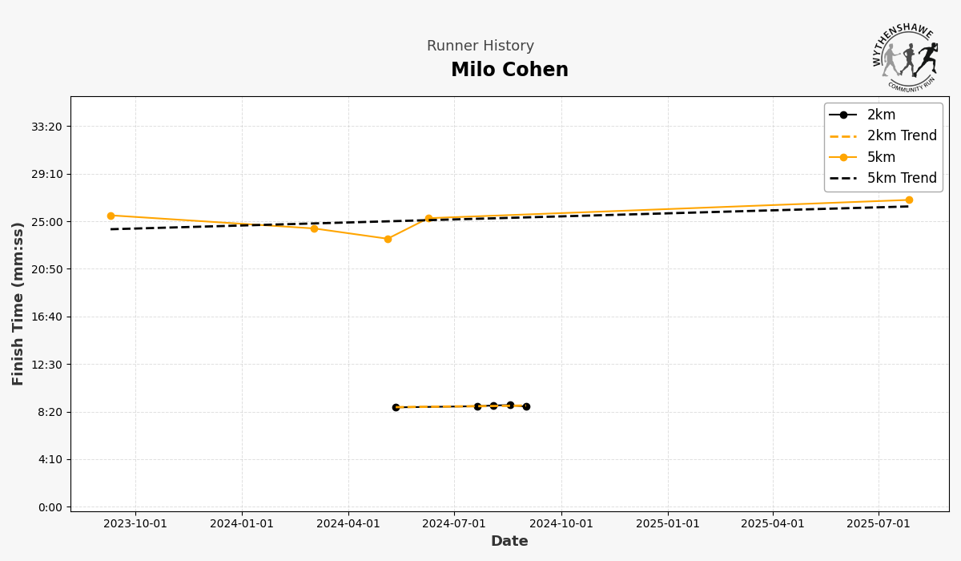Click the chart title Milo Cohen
[x=509, y=71]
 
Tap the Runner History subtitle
[x=480, y=46]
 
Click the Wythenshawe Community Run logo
[x=905, y=57]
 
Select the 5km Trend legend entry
[x=902, y=179]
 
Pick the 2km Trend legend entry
[x=902, y=136]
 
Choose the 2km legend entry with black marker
[x=881, y=115]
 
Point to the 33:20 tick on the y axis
[x=46, y=127]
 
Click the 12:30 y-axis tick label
[x=46, y=365]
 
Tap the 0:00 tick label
[x=50, y=507]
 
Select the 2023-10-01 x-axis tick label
[x=135, y=524]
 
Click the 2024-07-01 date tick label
[x=454, y=524]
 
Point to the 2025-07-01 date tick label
[x=879, y=524]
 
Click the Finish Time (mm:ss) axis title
[x=18, y=304]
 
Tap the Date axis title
[x=509, y=542]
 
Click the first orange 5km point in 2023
[x=111, y=216]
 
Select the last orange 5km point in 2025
[x=909, y=200]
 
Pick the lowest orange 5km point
[x=388, y=239]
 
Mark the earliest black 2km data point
[x=396, y=407]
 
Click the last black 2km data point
[x=526, y=406]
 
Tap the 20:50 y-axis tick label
[x=46, y=269]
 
